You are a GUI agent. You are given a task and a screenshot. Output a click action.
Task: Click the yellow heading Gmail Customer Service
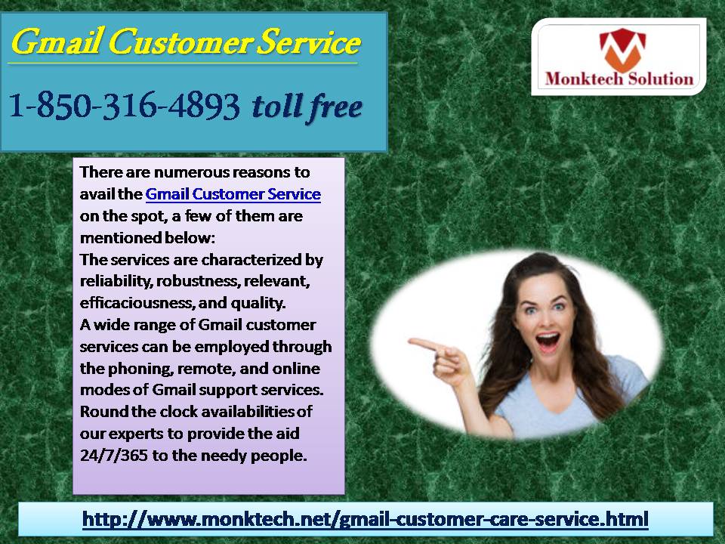[186, 42]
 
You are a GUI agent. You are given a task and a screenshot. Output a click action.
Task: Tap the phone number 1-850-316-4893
[125, 106]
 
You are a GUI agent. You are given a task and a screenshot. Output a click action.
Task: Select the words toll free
[307, 107]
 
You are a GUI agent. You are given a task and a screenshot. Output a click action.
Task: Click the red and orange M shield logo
[622, 50]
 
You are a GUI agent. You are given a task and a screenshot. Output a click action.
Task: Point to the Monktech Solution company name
[619, 79]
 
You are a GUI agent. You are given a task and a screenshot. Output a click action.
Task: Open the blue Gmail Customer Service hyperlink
[233, 194]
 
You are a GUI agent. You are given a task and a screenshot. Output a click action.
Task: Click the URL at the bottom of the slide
[366, 518]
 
